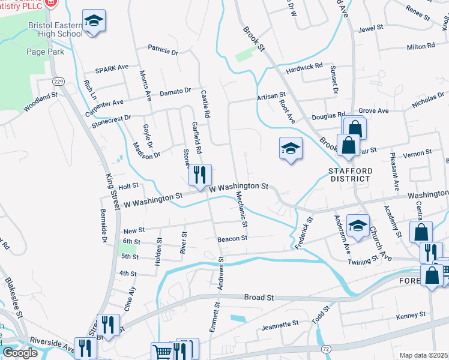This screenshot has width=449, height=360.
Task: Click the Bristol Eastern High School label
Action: pyautogui.click(x=55, y=29)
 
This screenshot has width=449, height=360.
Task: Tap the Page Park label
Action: pyautogui.click(x=45, y=52)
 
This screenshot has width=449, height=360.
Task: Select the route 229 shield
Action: pyautogui.click(x=58, y=81)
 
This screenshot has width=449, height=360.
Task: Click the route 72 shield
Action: pyautogui.click(x=325, y=349)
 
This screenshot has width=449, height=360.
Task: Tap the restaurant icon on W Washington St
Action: pyautogui.click(x=200, y=175)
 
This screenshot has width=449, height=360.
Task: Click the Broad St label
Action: pyautogui.click(x=259, y=297)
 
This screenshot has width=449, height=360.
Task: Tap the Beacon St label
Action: pyautogui.click(x=232, y=238)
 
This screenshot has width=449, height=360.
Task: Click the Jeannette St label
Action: pyautogui.click(x=280, y=324)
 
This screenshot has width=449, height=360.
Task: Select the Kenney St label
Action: pyautogui.click(x=411, y=314)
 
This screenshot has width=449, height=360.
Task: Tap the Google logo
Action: pyautogui.click(x=20, y=353)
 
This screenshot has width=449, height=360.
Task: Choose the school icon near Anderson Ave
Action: pyautogui.click(x=358, y=226)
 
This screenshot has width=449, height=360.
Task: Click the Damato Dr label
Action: pyautogui.click(x=175, y=91)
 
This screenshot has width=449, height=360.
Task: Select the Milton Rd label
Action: pyautogui.click(x=420, y=46)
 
